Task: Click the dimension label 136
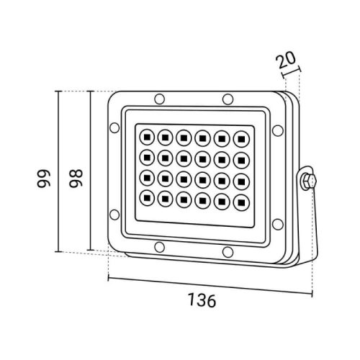coord(202,300)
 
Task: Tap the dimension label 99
coord(43,179)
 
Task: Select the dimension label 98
coord(76,179)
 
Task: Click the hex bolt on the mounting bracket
coord(309,180)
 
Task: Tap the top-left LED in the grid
coord(147,137)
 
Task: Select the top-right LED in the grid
coord(241,139)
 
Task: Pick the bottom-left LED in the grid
coord(147,198)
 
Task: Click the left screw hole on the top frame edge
coord(160,99)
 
